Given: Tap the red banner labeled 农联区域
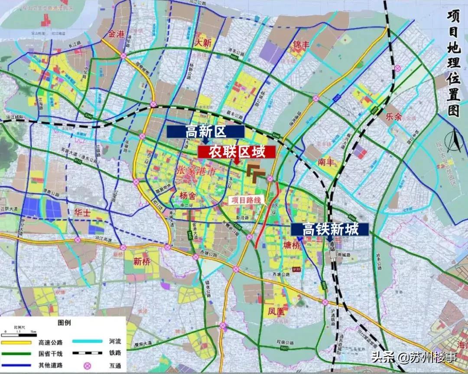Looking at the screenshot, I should (x=236, y=152).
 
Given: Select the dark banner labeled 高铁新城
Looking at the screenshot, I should (x=330, y=230).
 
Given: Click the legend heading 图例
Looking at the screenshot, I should (x=64, y=323).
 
